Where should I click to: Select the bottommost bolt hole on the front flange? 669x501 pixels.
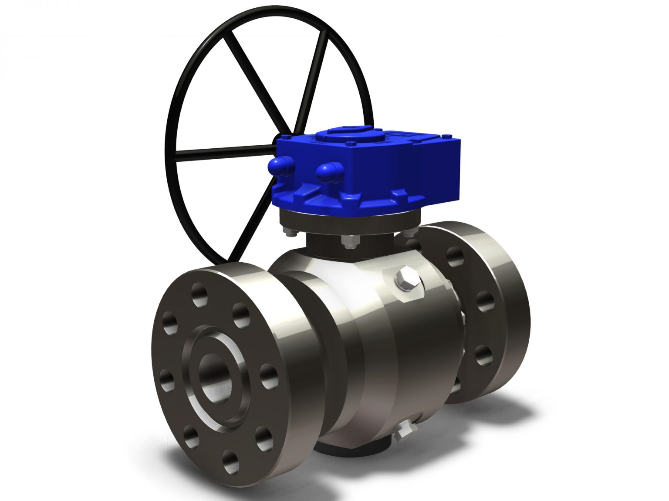click(231, 462)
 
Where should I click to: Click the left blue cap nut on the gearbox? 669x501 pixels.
click(280, 166)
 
